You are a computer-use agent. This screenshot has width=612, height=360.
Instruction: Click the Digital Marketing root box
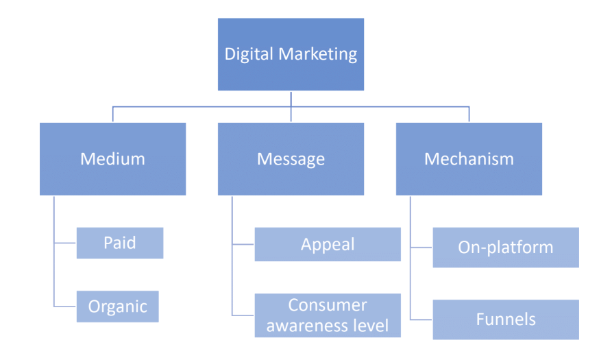pos(291,54)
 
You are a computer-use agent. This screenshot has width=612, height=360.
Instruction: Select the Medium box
pos(113,159)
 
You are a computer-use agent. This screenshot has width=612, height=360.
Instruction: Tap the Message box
pos(291,159)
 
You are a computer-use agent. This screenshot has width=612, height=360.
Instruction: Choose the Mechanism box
pos(469,159)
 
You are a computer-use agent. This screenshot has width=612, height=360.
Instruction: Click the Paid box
pos(120,243)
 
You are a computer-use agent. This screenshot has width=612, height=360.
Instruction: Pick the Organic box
pos(117,307)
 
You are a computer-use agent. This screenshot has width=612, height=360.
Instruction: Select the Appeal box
pos(328,244)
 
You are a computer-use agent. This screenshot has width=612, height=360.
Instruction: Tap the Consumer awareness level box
pos(328,315)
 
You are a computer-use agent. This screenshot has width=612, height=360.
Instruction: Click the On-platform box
pos(506,248)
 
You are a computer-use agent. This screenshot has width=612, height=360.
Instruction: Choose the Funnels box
pos(506,320)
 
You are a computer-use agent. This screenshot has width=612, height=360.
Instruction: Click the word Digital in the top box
pos(249,54)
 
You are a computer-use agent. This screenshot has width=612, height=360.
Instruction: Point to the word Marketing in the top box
pos(318,54)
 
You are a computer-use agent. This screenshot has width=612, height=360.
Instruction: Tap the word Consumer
pos(328,305)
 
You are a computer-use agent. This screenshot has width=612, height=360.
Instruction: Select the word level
pos(376,326)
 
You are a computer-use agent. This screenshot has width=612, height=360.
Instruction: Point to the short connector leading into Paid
pos(65,243)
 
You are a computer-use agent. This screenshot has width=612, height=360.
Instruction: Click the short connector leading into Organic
pos(65,307)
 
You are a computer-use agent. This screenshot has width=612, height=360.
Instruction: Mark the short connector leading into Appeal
pos(243,244)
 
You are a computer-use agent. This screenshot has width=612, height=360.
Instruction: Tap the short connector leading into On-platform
pos(421,248)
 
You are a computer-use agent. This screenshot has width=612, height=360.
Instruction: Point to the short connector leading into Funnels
pos(421,320)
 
